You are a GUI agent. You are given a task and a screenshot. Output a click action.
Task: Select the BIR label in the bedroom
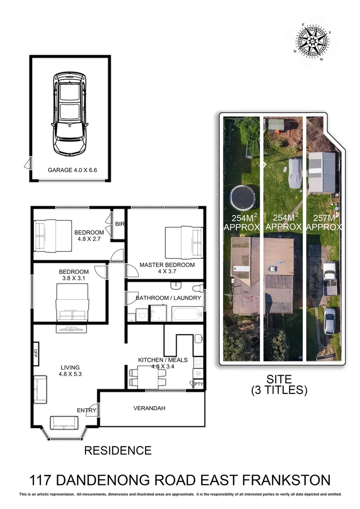point(119,224)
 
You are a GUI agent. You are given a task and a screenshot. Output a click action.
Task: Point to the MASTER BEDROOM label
point(167,265)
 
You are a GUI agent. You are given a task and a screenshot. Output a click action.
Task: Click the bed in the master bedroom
point(183,242)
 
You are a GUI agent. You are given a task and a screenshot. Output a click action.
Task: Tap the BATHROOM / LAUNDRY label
point(168,298)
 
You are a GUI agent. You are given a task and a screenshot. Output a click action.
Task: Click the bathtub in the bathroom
point(187,314)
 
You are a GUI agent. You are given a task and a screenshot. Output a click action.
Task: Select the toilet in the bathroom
point(198,287)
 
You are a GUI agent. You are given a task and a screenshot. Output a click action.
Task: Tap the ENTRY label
point(86,410)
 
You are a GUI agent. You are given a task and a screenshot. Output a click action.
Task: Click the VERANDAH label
point(149,408)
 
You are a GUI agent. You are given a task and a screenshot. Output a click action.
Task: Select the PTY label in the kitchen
point(198,385)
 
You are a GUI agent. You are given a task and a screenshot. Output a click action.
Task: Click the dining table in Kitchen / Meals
point(148,376)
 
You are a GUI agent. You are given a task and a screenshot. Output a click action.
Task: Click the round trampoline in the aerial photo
point(243,197)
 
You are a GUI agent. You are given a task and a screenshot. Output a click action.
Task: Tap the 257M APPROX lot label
point(324,222)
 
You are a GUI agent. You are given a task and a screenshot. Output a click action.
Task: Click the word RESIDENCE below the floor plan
point(118,451)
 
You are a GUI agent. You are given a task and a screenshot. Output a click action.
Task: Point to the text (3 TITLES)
point(279,390)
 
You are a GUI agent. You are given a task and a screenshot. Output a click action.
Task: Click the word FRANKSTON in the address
point(284,480)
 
